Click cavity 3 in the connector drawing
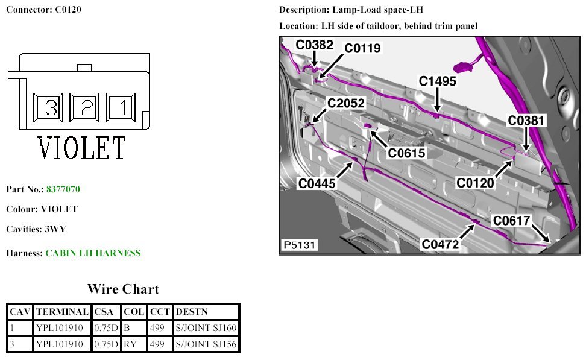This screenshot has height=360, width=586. coord(51,108)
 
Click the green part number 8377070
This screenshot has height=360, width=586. coord(63,189)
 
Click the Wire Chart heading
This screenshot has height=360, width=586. coord(123,289)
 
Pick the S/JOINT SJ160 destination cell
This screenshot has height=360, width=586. coord(206,328)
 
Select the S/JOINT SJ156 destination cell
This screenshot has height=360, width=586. coord(206,345)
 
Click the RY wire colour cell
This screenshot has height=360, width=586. coord(130,345)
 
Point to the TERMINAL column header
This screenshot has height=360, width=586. coord(62,312)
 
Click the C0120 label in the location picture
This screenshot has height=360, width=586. coord(475,182)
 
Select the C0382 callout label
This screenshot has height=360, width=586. coord(314,44)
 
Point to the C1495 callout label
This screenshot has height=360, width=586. coord(438,81)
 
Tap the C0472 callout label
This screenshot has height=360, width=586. coord(441,244)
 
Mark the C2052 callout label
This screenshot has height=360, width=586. coord(346,104)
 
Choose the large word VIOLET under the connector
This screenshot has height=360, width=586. coord(82,148)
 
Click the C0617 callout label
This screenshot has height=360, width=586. coord(512,221)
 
